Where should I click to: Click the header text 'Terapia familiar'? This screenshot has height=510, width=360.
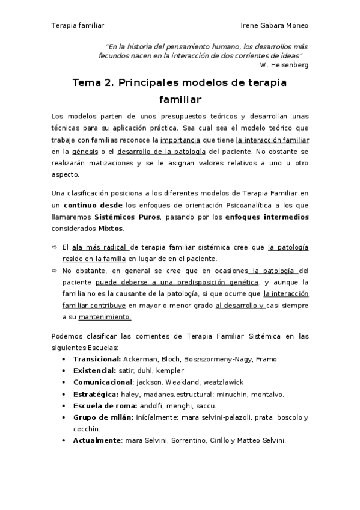coord(78,26)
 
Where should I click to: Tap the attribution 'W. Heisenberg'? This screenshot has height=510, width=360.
coord(284,64)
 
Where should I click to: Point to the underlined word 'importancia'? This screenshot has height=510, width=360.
coord(179,140)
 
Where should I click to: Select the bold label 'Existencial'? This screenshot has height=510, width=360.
coord(93,370)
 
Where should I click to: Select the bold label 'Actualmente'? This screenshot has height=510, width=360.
coord(96,440)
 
